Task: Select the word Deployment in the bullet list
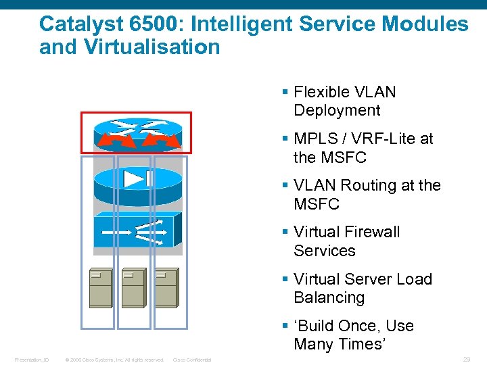[x=337, y=111]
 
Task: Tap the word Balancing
[x=329, y=297]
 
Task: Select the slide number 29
[x=466, y=360]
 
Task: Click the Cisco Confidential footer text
[x=192, y=360]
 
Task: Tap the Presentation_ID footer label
[x=32, y=360]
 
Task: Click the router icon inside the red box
[x=138, y=133]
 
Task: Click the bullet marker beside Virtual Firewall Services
[x=286, y=232]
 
